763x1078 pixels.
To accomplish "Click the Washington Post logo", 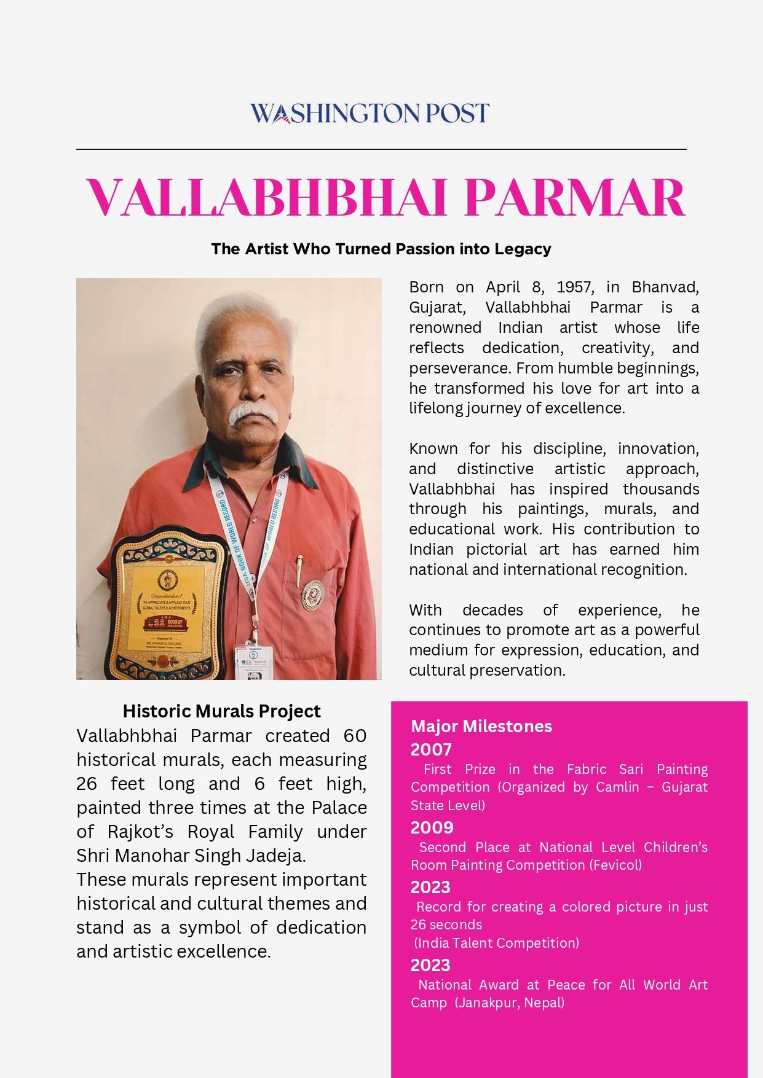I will [x=370, y=114].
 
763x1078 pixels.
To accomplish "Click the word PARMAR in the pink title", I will [x=574, y=198].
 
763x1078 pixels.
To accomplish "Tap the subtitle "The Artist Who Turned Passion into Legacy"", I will [x=381, y=249].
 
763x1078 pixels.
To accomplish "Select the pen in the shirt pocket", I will [x=299, y=570].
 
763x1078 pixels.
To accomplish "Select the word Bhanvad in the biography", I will [x=665, y=287].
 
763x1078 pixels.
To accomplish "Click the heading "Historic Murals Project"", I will [x=221, y=711].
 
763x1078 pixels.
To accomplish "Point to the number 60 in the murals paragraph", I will [x=355, y=736].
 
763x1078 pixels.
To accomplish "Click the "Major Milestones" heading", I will [x=481, y=726].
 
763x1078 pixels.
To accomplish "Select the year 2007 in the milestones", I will [x=431, y=749].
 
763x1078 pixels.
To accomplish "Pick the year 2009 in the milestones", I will [x=432, y=827].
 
